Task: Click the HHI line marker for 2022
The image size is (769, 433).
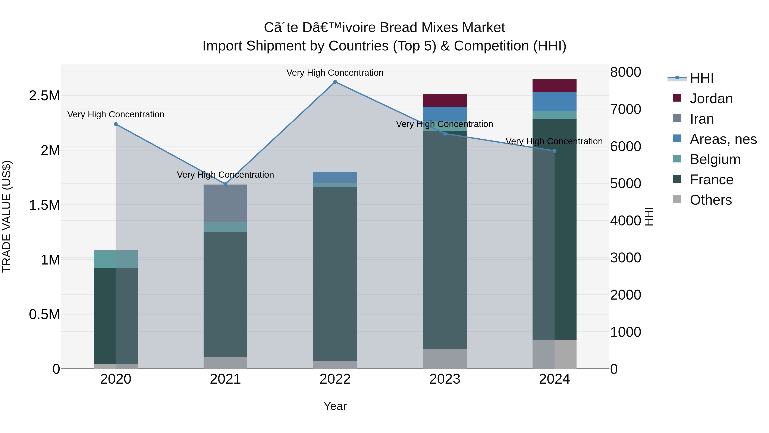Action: coord(335,82)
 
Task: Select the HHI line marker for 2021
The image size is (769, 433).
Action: coord(225,184)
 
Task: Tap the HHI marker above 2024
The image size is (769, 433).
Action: coord(554,151)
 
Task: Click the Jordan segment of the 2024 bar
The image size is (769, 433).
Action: coord(554,86)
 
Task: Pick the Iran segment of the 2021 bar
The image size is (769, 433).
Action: coord(225,204)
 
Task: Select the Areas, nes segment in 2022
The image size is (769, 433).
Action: coord(335,177)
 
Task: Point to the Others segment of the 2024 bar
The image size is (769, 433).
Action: coord(554,354)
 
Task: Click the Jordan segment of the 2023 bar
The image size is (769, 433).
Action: coord(445,100)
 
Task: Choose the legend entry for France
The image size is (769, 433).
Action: coord(711,180)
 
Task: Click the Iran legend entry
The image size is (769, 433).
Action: coord(701,119)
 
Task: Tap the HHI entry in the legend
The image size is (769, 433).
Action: coord(701,78)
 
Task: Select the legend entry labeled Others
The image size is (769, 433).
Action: coord(710,200)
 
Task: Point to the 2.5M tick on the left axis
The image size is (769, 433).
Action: coord(44,96)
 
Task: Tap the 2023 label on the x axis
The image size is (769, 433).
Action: coord(445,379)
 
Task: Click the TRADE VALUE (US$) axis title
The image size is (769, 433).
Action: coord(7,216)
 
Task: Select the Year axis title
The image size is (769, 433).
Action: coord(335,406)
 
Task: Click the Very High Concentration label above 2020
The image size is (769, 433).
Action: coord(116,114)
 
